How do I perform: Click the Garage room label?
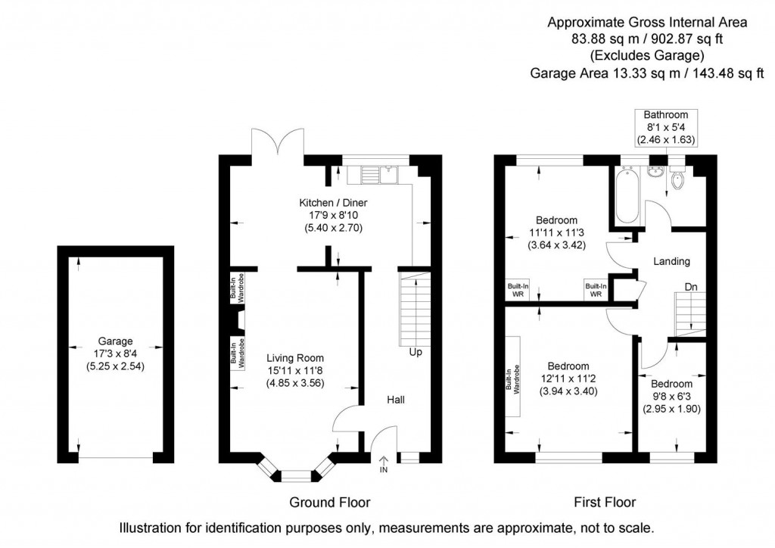click(x=114, y=341)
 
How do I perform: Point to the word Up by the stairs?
click(x=416, y=353)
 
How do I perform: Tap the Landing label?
click(x=671, y=262)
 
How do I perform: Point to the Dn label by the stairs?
click(x=691, y=288)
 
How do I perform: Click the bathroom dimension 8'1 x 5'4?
click(x=665, y=127)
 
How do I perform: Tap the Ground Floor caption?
click(x=330, y=502)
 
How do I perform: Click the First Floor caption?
click(x=604, y=502)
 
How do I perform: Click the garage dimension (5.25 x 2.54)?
click(x=114, y=366)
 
